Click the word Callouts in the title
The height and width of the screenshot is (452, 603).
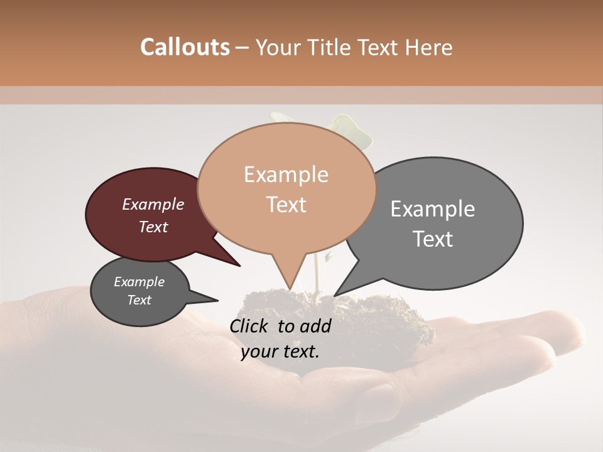tap(185, 47)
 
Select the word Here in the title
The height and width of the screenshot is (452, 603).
tap(430, 47)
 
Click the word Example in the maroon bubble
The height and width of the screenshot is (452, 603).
tap(153, 204)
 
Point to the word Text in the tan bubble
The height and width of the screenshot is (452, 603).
tap(286, 205)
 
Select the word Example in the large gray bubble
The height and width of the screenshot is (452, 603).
tap(432, 209)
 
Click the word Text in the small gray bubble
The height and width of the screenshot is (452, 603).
tap(139, 300)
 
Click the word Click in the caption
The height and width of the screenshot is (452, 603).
tap(250, 326)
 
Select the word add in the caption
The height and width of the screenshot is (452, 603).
tap(317, 326)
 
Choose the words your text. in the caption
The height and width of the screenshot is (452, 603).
tap(280, 351)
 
